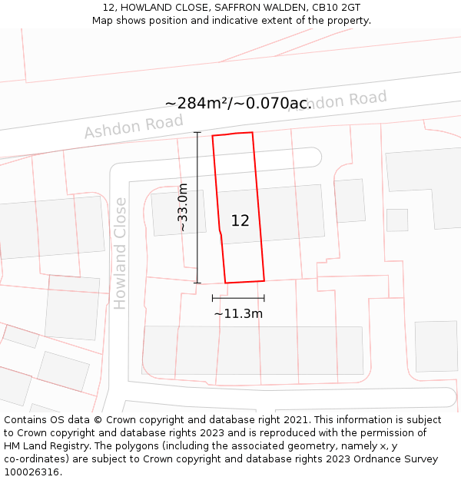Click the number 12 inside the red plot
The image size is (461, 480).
(x=240, y=220)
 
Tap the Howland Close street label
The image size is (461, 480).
(x=120, y=253)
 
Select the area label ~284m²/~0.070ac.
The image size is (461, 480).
(x=238, y=103)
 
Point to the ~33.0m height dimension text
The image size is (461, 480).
(x=183, y=207)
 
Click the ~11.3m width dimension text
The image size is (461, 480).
(x=238, y=313)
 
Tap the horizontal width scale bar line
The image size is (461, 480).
(x=238, y=298)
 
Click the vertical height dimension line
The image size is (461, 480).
(x=197, y=207)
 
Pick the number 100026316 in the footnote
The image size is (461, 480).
(x=30, y=472)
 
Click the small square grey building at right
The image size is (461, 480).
(x=396, y=220)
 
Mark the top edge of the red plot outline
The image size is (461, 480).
(x=233, y=134)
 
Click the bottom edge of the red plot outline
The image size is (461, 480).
(x=244, y=281)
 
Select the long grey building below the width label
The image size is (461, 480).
(x=253, y=350)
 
